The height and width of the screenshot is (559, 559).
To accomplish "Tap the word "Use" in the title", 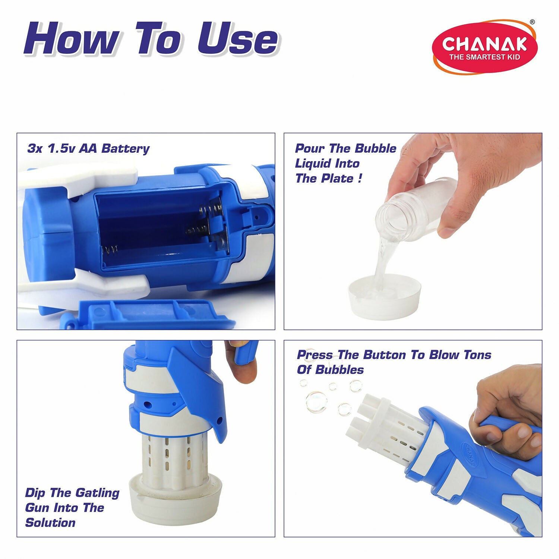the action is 237,38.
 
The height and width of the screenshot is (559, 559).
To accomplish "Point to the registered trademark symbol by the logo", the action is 532,22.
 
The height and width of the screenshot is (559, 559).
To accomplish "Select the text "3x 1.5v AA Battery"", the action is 88,148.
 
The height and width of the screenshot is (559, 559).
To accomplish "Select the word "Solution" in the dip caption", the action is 50,522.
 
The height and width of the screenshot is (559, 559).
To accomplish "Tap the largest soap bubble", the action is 316,402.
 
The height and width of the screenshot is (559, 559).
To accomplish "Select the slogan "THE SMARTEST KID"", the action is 484,57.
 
